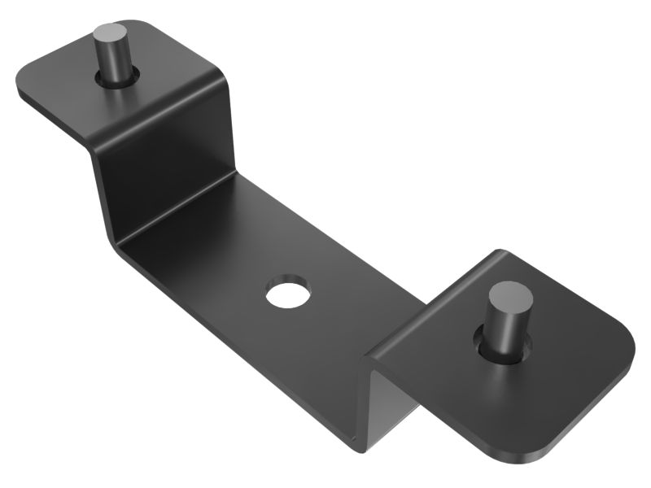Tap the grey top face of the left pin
pyautogui.click(x=108, y=34)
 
